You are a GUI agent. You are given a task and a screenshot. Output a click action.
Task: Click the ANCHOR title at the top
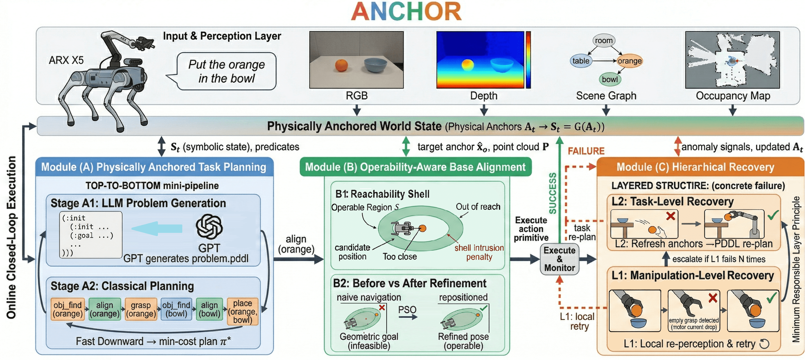(x=406, y=12)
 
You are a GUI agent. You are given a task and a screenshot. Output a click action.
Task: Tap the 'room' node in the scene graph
(x=603, y=41)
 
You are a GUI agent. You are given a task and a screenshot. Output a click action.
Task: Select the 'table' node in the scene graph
(x=580, y=61)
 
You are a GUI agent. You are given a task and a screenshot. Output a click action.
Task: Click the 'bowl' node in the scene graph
(x=610, y=80)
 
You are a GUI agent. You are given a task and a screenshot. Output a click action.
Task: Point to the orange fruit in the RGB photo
(x=341, y=65)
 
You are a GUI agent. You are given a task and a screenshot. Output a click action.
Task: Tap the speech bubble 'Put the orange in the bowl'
(x=227, y=71)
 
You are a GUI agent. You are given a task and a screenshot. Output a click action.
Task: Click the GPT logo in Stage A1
(x=209, y=227)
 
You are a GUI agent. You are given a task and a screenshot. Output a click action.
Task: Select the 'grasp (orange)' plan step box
(x=141, y=310)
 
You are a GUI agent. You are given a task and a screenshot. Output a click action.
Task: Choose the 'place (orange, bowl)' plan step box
(x=243, y=312)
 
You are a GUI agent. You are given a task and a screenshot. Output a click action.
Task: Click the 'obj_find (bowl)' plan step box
(x=176, y=310)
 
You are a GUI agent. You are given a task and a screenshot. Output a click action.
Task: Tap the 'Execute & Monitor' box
(x=560, y=259)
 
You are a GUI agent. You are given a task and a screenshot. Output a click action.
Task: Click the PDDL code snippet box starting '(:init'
(x=91, y=235)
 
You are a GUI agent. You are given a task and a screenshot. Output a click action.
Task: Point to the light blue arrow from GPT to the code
(x=157, y=228)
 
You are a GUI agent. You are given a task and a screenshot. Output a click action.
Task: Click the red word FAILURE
(x=586, y=151)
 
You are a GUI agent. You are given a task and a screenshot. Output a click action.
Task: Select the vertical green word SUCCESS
(x=552, y=193)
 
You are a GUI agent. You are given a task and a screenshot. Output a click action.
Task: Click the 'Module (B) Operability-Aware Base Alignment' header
(x=415, y=167)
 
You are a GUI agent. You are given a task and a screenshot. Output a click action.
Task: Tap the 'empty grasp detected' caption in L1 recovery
(x=694, y=324)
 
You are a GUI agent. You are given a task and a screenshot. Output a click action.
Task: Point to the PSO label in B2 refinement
(x=407, y=310)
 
